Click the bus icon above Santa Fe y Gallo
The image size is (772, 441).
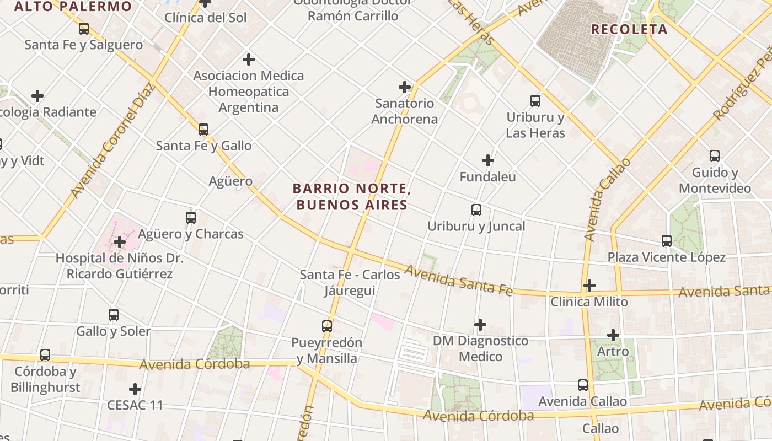pos(203,130)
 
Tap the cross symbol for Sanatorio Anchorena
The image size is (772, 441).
pos(405,87)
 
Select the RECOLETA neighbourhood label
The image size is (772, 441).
pos(629,29)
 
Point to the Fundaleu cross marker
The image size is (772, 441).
pos(488,160)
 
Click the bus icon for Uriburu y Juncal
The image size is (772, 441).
pos(476,210)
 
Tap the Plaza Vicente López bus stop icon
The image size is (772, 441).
pos(667,241)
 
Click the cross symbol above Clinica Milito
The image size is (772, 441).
pos(589,286)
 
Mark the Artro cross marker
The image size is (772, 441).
pos(613,335)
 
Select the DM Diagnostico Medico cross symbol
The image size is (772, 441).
pos(480,325)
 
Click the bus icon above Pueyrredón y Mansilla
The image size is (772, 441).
pos(327,326)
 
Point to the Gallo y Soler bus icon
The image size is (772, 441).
pos(114,315)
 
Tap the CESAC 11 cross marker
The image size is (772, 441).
pos(135,389)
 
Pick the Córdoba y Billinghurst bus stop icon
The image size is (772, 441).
pos(45,355)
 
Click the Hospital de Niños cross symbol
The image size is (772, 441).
pos(120,242)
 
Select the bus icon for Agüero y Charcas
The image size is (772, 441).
pos(191,218)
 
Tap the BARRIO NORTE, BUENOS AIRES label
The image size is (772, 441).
pos(352,197)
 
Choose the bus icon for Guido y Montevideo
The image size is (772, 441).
pos(715,156)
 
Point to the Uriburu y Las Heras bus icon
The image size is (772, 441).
pos(535,101)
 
